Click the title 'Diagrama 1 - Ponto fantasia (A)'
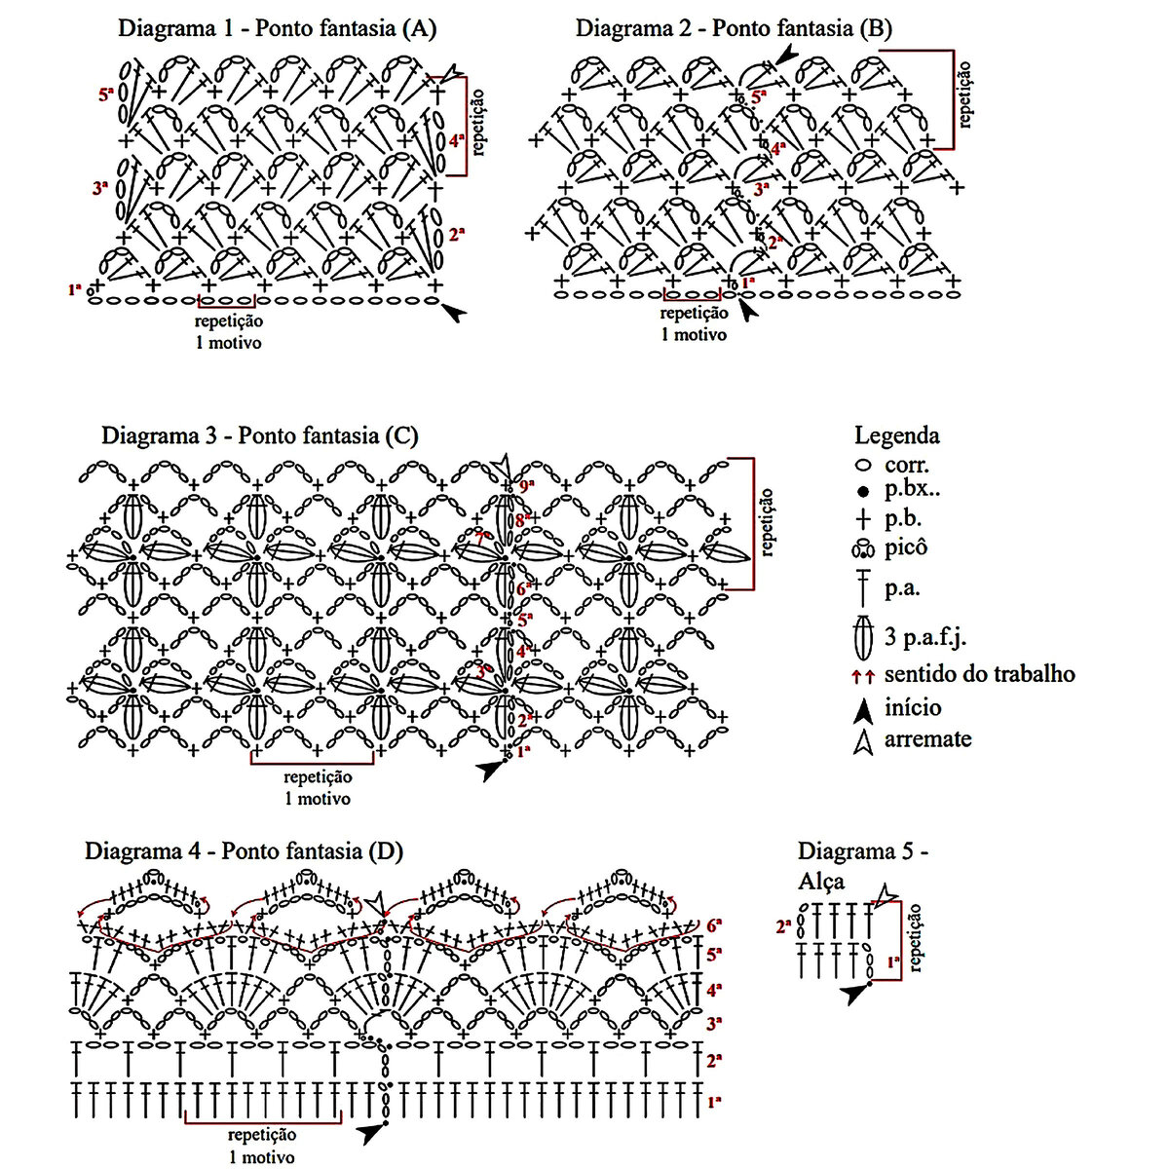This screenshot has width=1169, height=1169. click(x=277, y=28)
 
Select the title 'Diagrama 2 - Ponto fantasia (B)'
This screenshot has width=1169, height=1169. click(x=734, y=28)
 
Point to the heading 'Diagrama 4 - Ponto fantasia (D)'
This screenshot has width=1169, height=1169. click(x=244, y=850)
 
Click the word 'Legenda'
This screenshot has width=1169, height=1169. click(x=896, y=435)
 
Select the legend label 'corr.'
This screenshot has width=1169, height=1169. click(x=907, y=465)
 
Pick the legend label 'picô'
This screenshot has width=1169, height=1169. click(x=906, y=547)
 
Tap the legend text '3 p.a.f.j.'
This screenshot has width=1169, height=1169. click(x=925, y=638)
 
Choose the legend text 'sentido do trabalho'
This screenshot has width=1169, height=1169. click(x=979, y=673)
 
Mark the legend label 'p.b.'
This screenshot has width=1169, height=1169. click(x=903, y=518)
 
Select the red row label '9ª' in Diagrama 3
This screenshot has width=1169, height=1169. click(x=527, y=485)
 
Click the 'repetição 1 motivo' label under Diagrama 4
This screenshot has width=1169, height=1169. click(x=262, y=1146)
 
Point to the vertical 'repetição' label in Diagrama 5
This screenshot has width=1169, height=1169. click(x=916, y=937)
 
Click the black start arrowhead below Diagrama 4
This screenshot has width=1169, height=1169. click(x=370, y=1134)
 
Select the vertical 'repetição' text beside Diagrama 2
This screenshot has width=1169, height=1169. click(x=965, y=94)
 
